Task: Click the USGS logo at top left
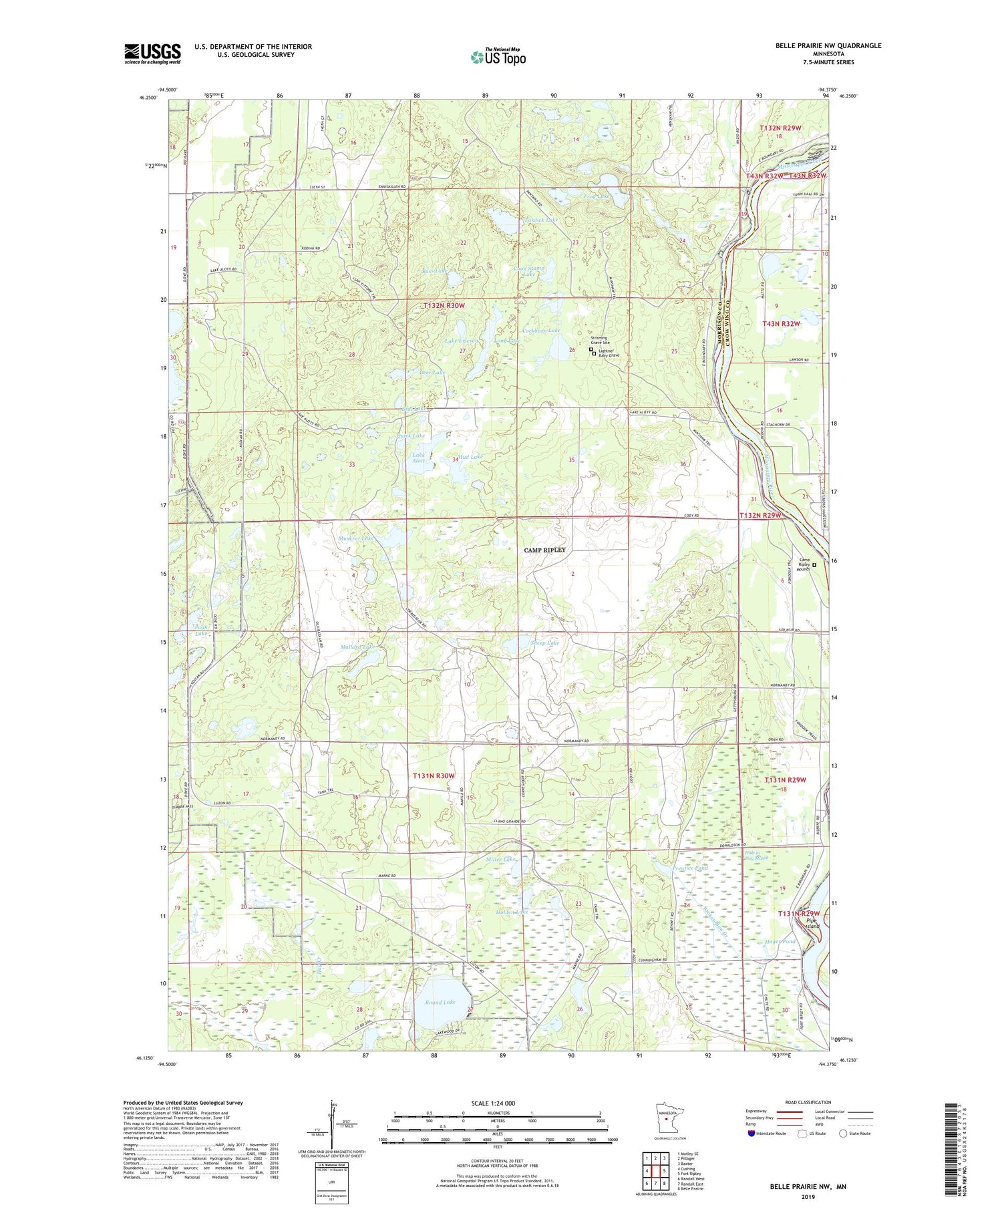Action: [152, 53]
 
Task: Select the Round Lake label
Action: [440, 1003]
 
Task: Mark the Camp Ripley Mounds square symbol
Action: [814, 564]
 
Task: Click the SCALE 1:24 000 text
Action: [497, 1103]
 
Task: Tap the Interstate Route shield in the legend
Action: [751, 1134]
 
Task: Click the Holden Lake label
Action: [512, 912]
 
